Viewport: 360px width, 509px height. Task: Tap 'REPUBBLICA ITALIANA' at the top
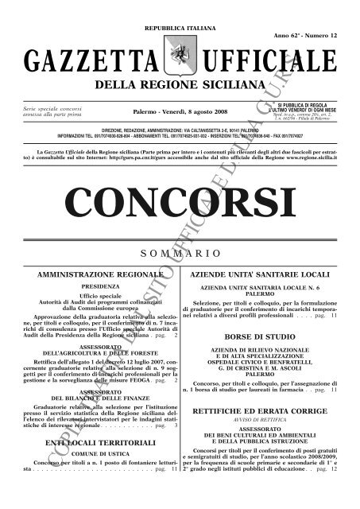(x=179, y=6)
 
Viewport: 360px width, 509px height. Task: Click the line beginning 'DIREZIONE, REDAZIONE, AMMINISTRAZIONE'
(x=179, y=128)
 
